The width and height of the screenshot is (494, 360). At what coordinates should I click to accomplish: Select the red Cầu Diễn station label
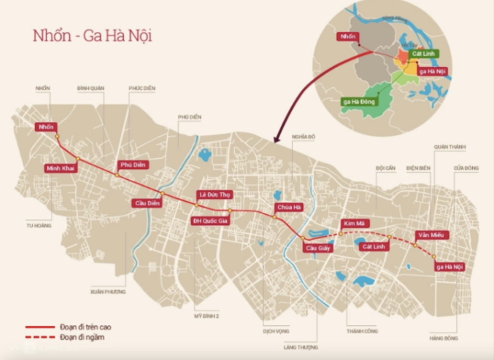(x=146, y=203)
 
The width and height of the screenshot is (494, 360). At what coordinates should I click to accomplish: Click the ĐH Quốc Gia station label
(x=209, y=221)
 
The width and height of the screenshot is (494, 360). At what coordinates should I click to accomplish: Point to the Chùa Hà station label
(x=288, y=208)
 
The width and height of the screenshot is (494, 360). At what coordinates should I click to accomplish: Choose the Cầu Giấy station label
(x=317, y=249)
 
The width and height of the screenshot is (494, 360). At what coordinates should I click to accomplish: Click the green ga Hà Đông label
(x=359, y=102)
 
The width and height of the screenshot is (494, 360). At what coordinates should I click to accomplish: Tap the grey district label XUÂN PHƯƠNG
(x=108, y=291)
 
